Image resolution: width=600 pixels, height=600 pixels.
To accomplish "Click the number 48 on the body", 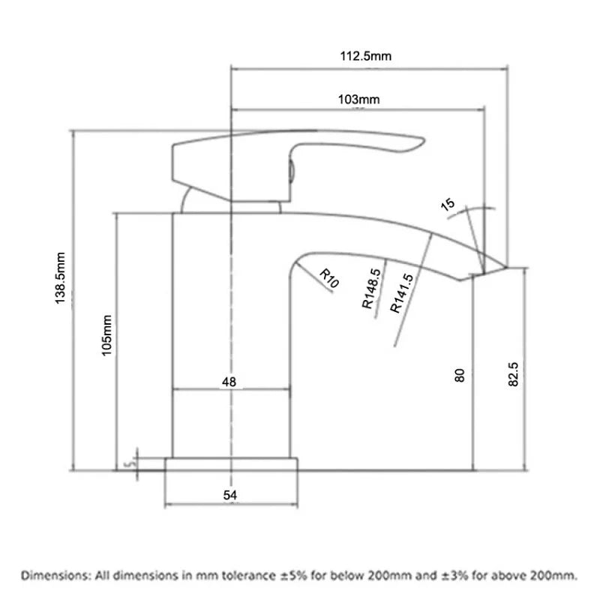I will [x=229, y=382].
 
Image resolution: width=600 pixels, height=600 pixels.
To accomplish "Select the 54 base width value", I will [x=230, y=495].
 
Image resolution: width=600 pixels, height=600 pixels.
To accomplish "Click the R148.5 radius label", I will [x=372, y=289].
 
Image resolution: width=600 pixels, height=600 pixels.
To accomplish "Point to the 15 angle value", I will [x=448, y=203].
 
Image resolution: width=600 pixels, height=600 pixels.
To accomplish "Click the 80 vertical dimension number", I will [x=460, y=374].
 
